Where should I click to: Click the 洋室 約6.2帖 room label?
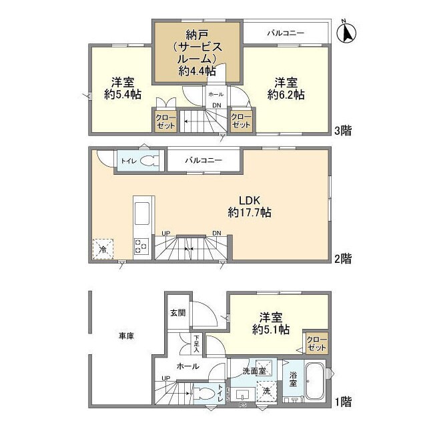click(x=286, y=88)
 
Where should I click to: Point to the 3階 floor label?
click(x=343, y=130)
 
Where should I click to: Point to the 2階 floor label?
click(x=343, y=258)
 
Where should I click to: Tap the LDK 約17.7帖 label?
click(x=249, y=206)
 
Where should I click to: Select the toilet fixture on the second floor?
click(x=150, y=161)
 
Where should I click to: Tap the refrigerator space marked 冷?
click(x=103, y=248)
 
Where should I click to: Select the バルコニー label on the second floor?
click(x=203, y=161)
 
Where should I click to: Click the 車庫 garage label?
click(x=126, y=336)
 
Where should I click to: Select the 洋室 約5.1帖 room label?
click(x=270, y=323)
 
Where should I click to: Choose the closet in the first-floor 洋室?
click(x=316, y=344)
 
